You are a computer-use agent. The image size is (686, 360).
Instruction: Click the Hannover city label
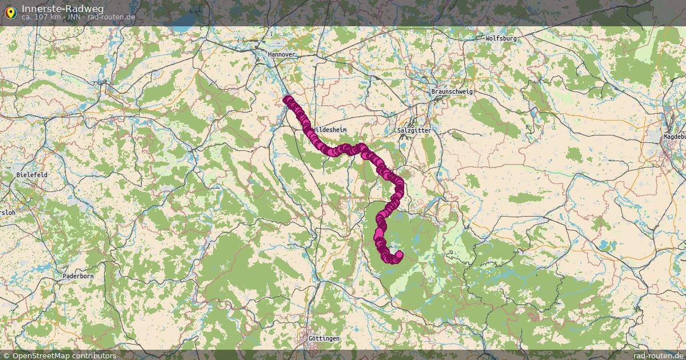click(282, 54)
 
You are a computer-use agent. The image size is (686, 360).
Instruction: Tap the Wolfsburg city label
click(501, 38)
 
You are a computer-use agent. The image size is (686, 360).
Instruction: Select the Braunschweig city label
click(452, 91)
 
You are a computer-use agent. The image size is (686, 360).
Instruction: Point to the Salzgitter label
click(414, 130)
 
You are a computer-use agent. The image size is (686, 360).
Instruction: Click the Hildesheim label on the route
click(330, 130)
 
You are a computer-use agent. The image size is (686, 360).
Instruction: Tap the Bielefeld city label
click(32, 174)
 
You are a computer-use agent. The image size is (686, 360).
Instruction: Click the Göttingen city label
click(324, 338)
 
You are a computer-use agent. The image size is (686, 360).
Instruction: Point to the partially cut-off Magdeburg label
click(674, 137)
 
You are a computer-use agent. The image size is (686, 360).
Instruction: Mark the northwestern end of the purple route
click(285, 99)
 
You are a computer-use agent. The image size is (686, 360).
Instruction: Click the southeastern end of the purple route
click(399, 255)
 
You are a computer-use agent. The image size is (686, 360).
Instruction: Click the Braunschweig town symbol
click(440, 98)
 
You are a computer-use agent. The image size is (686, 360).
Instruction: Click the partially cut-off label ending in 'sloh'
click(8, 212)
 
